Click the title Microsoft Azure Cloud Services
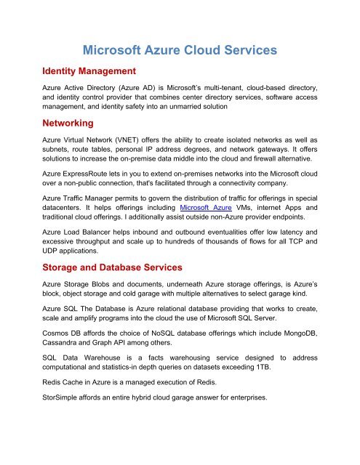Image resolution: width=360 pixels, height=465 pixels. pos(180,52)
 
